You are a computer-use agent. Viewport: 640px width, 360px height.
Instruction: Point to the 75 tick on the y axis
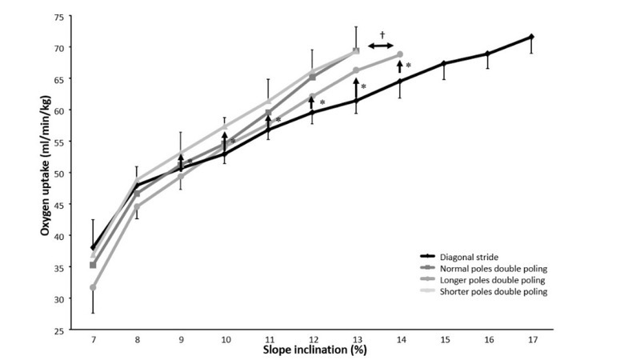pos(60,17)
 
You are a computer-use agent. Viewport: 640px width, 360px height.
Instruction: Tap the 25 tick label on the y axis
pos(60,329)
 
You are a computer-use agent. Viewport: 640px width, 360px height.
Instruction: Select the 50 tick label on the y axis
pos(60,173)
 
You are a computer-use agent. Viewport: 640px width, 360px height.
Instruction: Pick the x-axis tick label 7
pos(94,339)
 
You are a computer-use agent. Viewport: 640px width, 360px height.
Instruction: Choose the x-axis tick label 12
pos(312,339)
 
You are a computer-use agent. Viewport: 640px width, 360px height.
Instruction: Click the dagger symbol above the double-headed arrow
pos(382,34)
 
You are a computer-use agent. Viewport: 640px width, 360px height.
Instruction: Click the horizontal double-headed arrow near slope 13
pos(381,46)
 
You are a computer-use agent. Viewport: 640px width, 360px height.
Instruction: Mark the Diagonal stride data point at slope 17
pos(531,37)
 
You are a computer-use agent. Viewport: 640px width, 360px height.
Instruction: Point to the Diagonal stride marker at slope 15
pos(443,63)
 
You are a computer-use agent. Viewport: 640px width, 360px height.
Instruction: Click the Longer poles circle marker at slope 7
pos(94,286)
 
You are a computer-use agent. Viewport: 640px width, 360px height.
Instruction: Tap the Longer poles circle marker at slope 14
pos(400,54)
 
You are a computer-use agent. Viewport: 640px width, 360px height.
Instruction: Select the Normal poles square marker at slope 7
pos(94,265)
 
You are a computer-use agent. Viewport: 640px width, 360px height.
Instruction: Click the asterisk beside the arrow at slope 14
pos(408,66)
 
